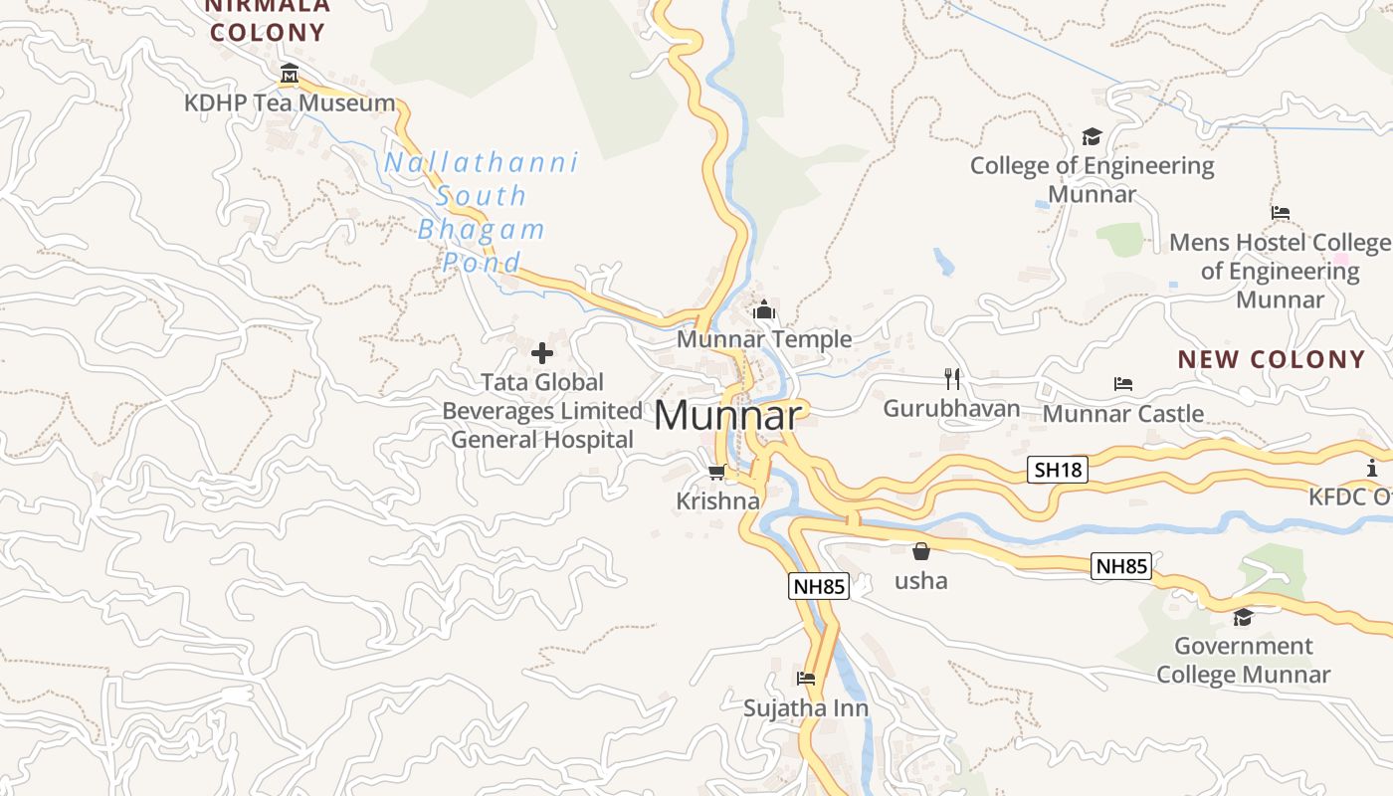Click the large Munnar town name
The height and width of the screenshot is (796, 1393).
pos(727,416)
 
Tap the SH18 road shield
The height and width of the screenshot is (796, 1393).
pos(1057,470)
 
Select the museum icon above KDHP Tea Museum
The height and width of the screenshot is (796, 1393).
pos(290,74)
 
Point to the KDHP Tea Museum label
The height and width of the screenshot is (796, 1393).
pos(290,102)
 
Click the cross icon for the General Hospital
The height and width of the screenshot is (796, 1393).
pos(542,352)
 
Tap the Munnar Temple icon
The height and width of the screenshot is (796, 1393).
pos(764,310)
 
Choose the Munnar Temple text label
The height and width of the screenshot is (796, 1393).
pos(764,339)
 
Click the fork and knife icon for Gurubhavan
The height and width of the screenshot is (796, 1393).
pos(952,379)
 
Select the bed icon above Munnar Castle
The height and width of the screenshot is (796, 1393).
pos(1123,384)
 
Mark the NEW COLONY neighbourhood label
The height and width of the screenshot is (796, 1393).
pos(1272,359)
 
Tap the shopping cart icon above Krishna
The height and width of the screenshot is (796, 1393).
pos(716,472)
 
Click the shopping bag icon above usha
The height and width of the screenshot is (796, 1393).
pos(921,551)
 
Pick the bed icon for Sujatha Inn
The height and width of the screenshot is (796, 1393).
pos(806,680)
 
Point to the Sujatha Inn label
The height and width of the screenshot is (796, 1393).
pos(806,708)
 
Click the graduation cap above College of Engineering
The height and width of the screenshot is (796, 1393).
pos(1093,136)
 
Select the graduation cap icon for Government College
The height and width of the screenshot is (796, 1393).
pos(1243,618)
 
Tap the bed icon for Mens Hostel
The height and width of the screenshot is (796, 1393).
pos(1281,213)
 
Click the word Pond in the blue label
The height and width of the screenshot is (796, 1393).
pos(482,264)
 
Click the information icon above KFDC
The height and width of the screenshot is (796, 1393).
pos(1372,468)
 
